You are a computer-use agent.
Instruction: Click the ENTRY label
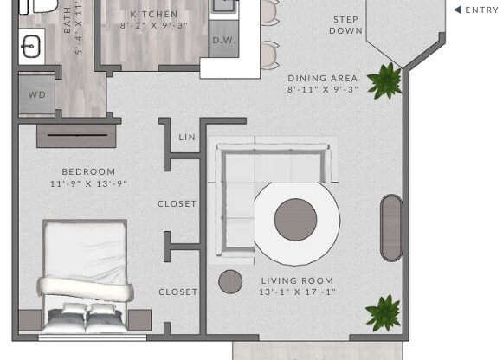(x=482, y=10)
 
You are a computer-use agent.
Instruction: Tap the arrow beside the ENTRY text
(x=457, y=10)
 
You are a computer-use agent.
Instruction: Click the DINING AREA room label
(x=322, y=78)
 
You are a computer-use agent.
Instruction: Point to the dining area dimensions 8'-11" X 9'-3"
(x=322, y=89)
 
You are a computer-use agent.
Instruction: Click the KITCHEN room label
(x=154, y=15)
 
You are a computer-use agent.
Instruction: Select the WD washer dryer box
(x=37, y=94)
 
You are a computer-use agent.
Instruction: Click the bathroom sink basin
(x=33, y=44)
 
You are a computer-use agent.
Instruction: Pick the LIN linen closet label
(x=187, y=138)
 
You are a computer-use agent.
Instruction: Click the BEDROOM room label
(x=88, y=172)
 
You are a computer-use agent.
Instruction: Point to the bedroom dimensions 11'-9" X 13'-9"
(x=88, y=183)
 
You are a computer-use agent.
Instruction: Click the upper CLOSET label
(x=177, y=204)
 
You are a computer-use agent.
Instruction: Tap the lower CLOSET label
(x=177, y=292)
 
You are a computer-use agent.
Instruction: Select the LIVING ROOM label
(x=297, y=280)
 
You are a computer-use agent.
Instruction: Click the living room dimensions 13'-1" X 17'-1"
(x=297, y=292)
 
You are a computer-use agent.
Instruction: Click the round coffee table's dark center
(x=295, y=220)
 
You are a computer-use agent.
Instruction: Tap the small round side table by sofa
(x=230, y=281)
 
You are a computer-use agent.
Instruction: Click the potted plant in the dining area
(x=384, y=81)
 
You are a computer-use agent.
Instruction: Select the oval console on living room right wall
(x=391, y=228)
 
